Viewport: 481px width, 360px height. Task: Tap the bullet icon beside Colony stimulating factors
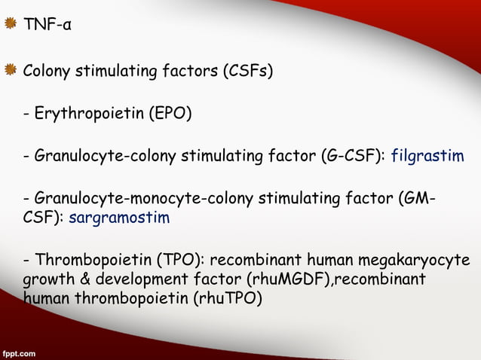tap(11, 72)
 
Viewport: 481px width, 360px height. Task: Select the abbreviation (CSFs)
tap(247, 72)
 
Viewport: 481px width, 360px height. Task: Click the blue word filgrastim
tap(427, 157)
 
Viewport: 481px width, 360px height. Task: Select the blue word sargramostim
tap(119, 218)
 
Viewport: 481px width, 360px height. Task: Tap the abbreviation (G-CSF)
tap(354, 157)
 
